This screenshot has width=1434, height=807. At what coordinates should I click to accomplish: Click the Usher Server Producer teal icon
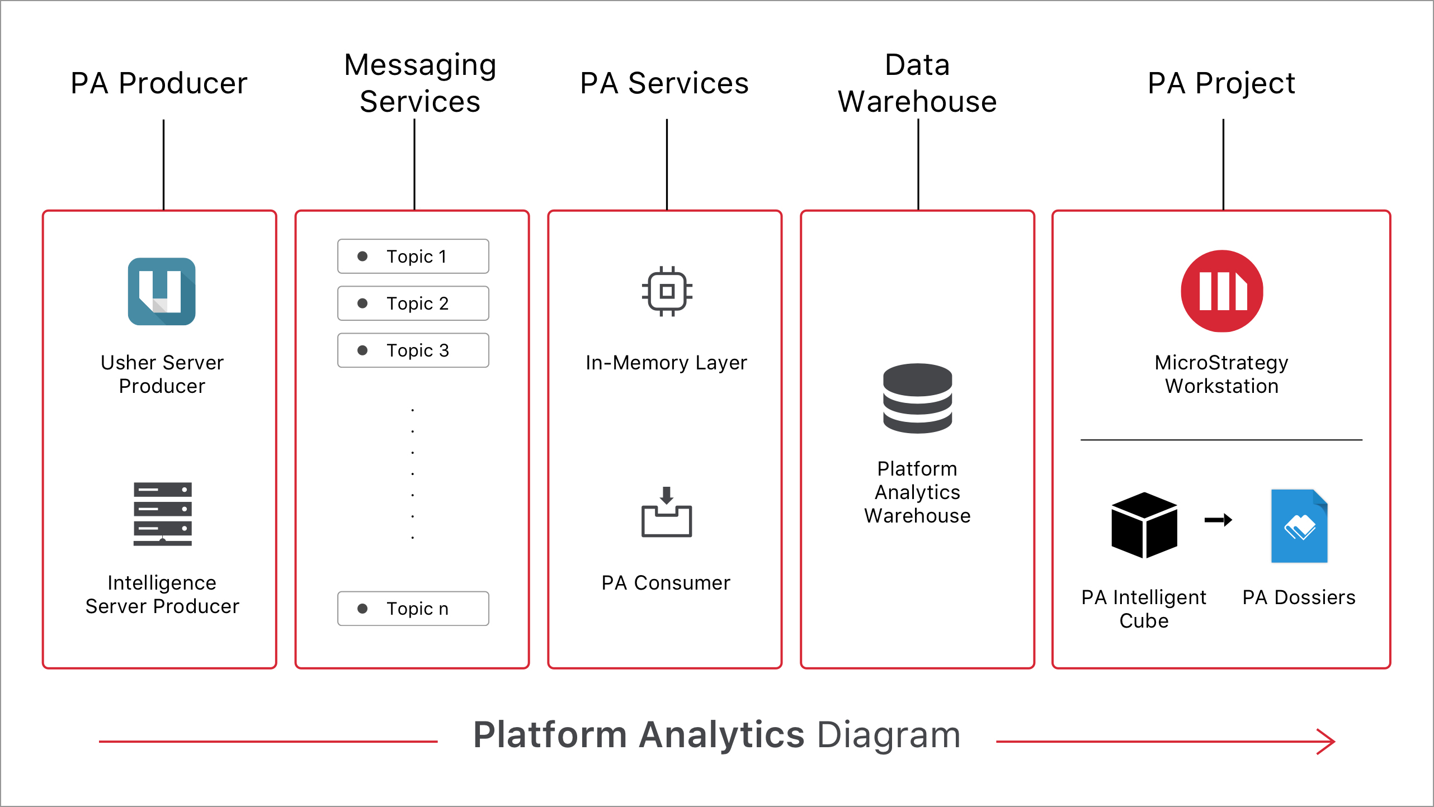pos(162,291)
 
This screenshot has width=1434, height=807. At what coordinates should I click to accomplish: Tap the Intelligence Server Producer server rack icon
pos(162,514)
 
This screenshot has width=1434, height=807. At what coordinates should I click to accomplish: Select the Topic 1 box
pos(413,257)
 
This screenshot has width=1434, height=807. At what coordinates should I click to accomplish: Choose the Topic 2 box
pos(413,303)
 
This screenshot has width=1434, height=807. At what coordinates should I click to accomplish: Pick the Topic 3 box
pos(413,350)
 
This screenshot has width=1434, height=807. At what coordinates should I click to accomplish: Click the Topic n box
pos(413,609)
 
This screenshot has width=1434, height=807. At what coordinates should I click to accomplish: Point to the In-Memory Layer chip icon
pos(667,291)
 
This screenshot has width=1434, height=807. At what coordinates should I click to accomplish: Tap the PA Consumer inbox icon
pos(666,512)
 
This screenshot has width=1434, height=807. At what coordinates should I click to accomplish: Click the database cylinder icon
pos(917,398)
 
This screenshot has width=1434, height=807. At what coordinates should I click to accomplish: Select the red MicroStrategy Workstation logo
pos(1221,291)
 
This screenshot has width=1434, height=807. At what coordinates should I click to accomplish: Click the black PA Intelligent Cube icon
pos(1144,525)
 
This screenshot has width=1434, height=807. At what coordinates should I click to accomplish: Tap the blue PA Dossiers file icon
pos(1299,526)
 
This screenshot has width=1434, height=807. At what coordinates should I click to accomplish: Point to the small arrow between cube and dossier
pos(1218,520)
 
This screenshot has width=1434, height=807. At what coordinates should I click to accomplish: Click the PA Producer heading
pos(159,83)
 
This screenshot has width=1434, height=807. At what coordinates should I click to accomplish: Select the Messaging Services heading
pos(419,83)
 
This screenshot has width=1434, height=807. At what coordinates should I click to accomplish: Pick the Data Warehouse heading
pos(917,83)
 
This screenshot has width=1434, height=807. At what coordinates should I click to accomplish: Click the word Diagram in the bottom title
pos(889,735)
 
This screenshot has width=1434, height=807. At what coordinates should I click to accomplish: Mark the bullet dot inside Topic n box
pos(362,609)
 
